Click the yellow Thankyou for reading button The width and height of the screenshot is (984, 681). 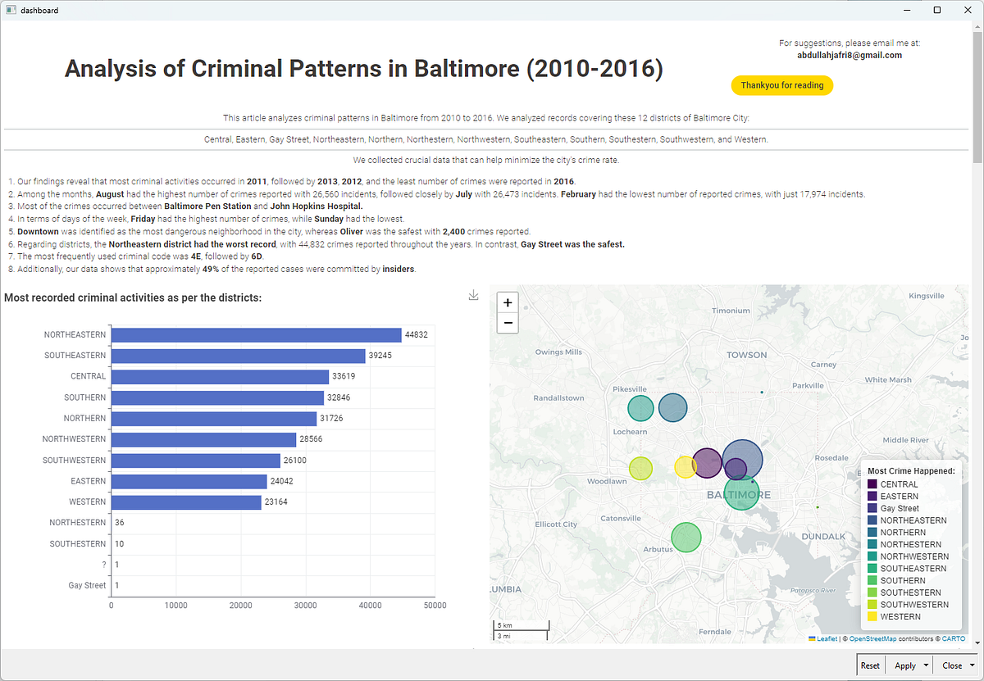pyautogui.click(x=782, y=85)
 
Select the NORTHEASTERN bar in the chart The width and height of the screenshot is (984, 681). pyautogui.click(x=256, y=335)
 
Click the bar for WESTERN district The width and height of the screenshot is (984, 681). pyautogui.click(x=186, y=502)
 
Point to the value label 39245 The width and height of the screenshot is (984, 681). pyautogui.click(x=380, y=356)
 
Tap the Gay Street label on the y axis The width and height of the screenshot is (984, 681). pyautogui.click(x=87, y=586)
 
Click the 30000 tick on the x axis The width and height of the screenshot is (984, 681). pyautogui.click(x=305, y=606)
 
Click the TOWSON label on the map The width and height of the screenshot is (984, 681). pyautogui.click(x=746, y=355)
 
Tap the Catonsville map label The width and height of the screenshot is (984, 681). pyautogui.click(x=620, y=519)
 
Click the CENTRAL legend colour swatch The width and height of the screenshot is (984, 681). pyautogui.click(x=872, y=484)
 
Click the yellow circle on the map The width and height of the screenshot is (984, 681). pyautogui.click(x=685, y=467)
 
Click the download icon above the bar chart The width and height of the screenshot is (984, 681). pyautogui.click(x=473, y=296)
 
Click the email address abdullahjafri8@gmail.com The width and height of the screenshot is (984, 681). pyautogui.click(x=850, y=56)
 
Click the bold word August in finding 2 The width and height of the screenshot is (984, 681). pyautogui.click(x=110, y=194)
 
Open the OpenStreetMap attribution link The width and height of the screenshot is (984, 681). pyautogui.click(x=872, y=639)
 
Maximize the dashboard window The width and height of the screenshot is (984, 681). pyautogui.click(x=937, y=10)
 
